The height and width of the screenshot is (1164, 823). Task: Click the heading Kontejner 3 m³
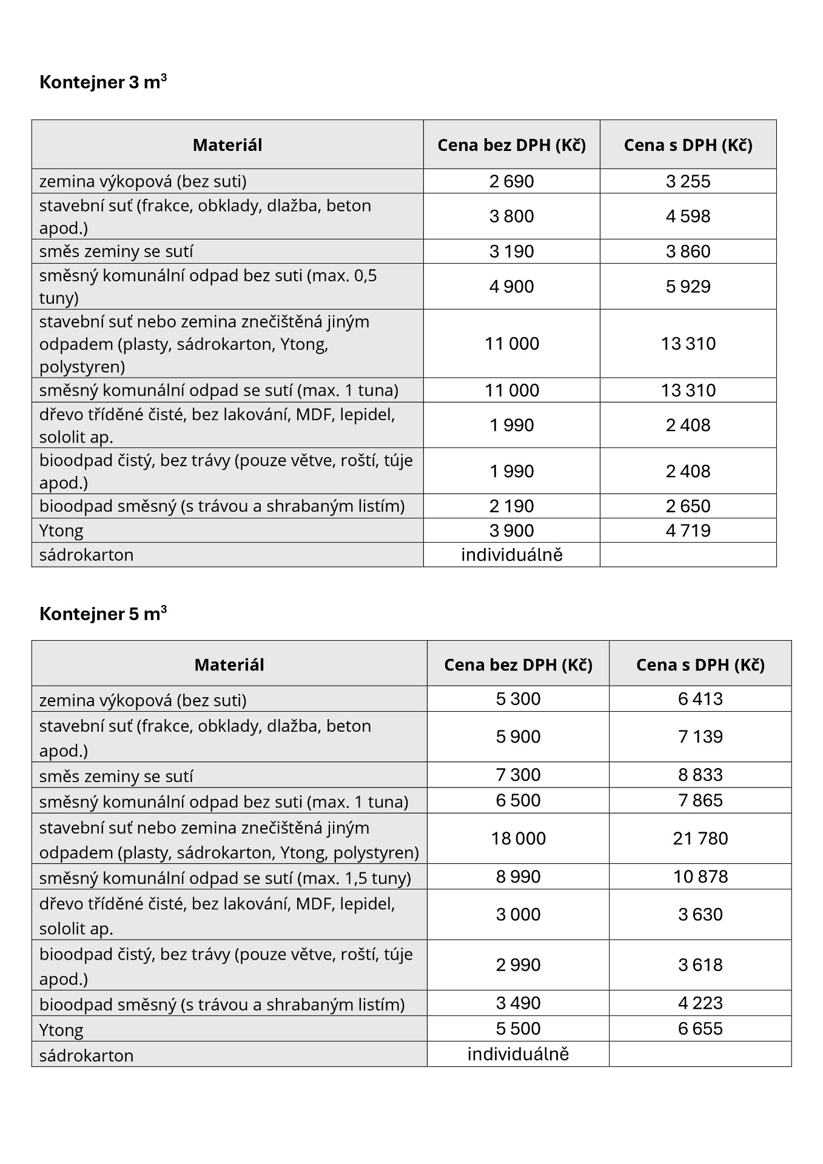(103, 82)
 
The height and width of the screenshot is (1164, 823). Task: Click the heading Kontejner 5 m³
(103, 614)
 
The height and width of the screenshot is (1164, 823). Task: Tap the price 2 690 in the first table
(511, 181)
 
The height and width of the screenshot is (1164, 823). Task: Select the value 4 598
(688, 216)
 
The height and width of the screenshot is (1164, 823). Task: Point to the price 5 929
(688, 286)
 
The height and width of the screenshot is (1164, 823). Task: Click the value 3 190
(511, 251)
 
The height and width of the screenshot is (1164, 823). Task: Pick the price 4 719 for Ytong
(688, 530)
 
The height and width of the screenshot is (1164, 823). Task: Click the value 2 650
(688, 506)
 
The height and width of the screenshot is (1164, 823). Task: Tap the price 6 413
(700, 698)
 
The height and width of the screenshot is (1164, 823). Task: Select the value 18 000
(518, 838)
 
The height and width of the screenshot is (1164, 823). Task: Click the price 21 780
(700, 838)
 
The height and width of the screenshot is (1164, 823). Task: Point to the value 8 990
(518, 877)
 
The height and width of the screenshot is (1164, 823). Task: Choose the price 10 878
(700, 877)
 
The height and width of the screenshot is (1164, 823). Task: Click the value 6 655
(700, 1028)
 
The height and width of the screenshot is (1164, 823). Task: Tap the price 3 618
(700, 965)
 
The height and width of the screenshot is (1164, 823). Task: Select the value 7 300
(518, 775)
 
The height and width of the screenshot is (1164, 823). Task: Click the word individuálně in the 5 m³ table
(518, 1054)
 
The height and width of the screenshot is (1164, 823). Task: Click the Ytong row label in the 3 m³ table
(61, 530)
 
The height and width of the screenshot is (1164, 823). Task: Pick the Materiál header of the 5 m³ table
(229, 664)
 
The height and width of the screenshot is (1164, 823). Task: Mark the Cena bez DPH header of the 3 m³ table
(511, 145)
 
